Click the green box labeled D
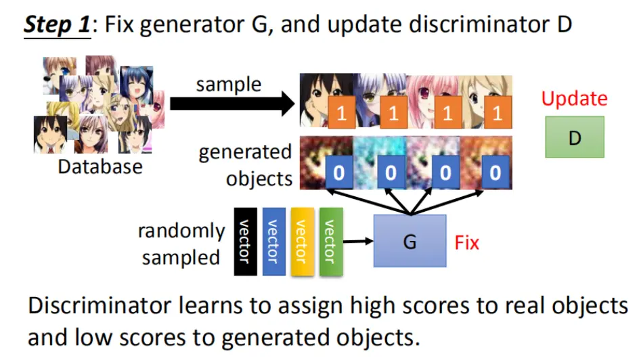click(575, 137)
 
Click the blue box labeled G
click(410, 241)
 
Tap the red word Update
click(574, 99)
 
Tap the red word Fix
click(466, 243)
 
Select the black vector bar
click(245, 242)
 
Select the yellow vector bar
click(303, 242)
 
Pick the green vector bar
click(331, 242)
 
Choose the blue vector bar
click(274, 242)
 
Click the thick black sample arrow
click(232, 104)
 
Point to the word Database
click(100, 166)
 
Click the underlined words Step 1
click(58, 24)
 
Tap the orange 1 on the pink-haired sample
click(447, 112)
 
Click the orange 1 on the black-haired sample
click(342, 112)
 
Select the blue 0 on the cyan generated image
click(391, 173)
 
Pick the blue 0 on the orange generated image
click(495, 173)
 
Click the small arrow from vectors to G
click(358, 242)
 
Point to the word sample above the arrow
click(229, 85)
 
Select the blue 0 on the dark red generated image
click(339, 173)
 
